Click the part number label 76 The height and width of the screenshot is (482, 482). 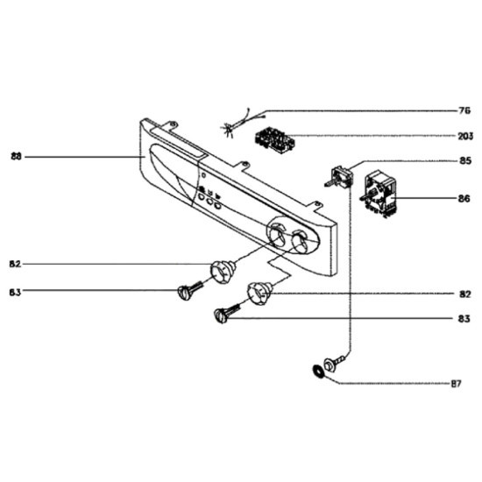pyautogui.click(x=464, y=110)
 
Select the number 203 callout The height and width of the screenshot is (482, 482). pyautogui.click(x=465, y=136)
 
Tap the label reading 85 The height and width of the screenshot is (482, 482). pyautogui.click(x=465, y=160)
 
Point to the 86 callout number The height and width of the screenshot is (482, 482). pyautogui.click(x=464, y=199)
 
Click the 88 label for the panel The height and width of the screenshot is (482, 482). pyautogui.click(x=17, y=157)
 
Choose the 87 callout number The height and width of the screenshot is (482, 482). pyautogui.click(x=457, y=384)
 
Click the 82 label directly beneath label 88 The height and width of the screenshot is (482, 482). pyautogui.click(x=15, y=264)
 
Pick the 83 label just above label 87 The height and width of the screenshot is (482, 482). pyautogui.click(x=464, y=319)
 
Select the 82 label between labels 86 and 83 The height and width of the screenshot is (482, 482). pyautogui.click(x=465, y=294)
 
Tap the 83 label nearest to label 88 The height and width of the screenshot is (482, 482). pyautogui.click(x=15, y=292)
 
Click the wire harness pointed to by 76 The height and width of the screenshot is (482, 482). pyautogui.click(x=242, y=123)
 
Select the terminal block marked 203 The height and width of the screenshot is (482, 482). pyautogui.click(x=274, y=141)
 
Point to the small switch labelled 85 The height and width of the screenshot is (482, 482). pyautogui.click(x=339, y=177)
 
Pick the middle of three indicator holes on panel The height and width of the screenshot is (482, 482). pyautogui.click(x=209, y=202)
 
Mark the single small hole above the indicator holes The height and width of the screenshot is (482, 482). pyautogui.click(x=203, y=175)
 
